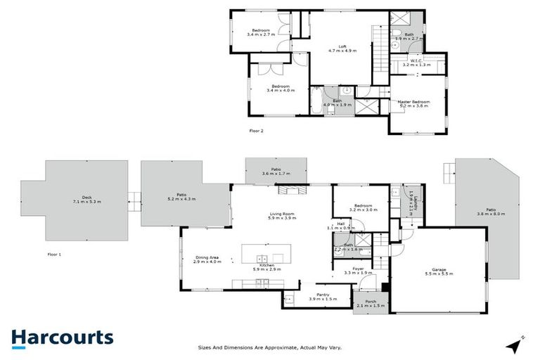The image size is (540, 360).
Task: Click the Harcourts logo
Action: tap(62, 337)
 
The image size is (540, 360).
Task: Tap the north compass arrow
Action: tap(520, 345)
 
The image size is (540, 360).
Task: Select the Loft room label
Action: tap(342, 49)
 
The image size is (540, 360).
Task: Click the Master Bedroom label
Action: tap(413, 104)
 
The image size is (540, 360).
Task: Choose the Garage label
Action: tap(439, 270)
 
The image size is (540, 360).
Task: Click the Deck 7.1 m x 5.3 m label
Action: tap(87, 199)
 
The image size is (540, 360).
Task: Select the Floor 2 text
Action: tap(257, 130)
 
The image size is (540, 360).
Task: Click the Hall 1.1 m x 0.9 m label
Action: tap(340, 226)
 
